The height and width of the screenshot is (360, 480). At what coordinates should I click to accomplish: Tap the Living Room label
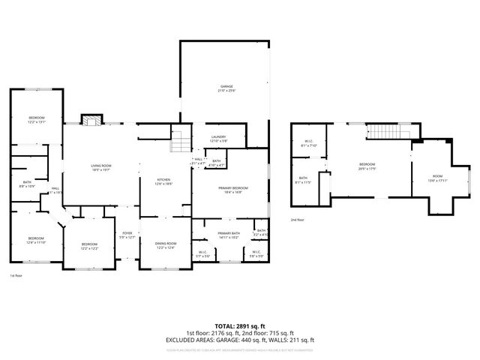(100, 167)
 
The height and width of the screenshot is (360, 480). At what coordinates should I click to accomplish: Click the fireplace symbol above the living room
(91, 121)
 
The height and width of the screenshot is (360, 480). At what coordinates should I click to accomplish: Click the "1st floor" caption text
(16, 276)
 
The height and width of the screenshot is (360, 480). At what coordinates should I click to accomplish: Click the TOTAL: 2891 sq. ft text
(240, 326)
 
